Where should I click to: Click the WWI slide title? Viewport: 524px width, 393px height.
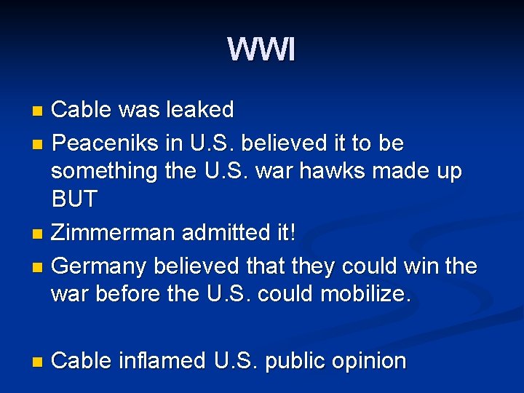[261, 50]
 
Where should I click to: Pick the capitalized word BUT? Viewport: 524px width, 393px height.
[74, 199]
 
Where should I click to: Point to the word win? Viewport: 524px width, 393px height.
[422, 266]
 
